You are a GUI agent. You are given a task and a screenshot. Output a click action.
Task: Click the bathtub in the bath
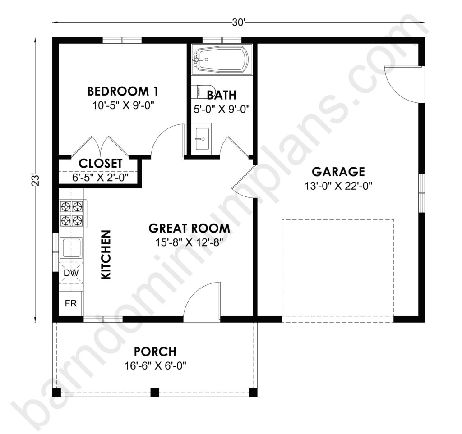(x=222, y=59)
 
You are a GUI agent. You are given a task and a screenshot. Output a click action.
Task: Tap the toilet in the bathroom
(x=200, y=91)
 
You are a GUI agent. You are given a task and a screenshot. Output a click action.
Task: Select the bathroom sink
(x=203, y=139)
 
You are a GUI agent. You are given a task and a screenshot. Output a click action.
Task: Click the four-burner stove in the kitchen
(x=73, y=213)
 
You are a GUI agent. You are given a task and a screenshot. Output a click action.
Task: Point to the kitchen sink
(x=71, y=248)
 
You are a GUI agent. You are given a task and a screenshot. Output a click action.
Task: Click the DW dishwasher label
(x=71, y=273)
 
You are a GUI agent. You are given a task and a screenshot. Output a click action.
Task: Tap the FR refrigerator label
(x=71, y=303)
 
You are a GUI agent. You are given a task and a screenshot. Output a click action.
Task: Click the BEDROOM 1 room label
(x=123, y=91)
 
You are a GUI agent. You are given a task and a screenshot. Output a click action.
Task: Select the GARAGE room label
(x=338, y=172)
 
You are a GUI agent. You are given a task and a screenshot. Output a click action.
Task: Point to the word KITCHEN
(x=106, y=255)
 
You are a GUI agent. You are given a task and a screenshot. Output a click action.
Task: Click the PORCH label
(x=155, y=352)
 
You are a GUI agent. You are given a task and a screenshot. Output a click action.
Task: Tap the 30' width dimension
(x=239, y=23)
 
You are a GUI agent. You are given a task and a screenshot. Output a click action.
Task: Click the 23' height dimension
(x=35, y=181)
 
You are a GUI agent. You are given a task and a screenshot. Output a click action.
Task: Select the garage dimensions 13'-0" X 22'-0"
(x=338, y=186)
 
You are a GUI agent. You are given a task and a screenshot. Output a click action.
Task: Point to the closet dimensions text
(x=100, y=178)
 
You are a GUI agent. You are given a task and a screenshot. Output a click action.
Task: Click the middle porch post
(x=155, y=392)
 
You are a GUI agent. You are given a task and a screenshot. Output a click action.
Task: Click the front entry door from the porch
(x=202, y=300)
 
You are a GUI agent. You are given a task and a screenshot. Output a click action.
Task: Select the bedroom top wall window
(x=122, y=40)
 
